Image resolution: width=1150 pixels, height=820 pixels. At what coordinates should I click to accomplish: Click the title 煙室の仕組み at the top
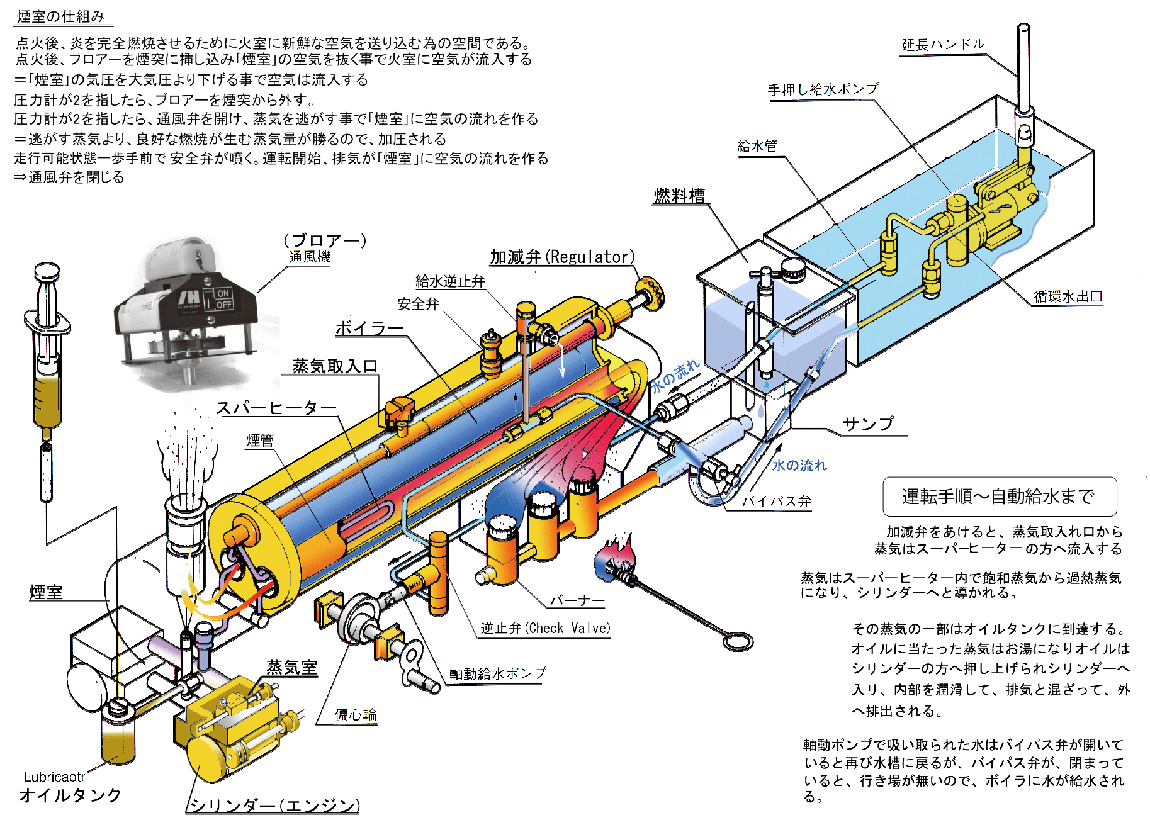(x=61, y=16)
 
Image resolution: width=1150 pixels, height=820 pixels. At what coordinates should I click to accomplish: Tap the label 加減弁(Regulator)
(x=562, y=257)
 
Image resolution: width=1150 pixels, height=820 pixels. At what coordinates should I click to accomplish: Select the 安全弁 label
(x=418, y=304)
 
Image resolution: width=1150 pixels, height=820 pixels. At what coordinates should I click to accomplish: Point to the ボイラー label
(x=369, y=328)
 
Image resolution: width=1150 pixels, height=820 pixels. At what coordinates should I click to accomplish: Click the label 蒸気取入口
(x=335, y=366)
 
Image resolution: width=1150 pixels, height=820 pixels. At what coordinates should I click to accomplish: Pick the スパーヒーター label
(x=276, y=408)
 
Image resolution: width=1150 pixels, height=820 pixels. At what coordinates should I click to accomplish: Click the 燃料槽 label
(x=680, y=195)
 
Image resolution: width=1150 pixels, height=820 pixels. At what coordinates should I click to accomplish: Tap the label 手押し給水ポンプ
(x=823, y=89)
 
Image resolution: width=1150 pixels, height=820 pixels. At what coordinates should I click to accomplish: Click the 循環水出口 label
(x=1068, y=296)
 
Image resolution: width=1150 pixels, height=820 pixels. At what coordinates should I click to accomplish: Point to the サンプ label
(x=868, y=424)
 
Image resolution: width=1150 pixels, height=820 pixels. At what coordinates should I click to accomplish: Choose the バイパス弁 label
(x=776, y=502)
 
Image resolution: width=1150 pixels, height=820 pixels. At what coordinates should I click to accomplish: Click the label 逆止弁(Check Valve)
(x=545, y=628)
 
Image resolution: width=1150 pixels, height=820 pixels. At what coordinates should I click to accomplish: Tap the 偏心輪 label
(x=356, y=714)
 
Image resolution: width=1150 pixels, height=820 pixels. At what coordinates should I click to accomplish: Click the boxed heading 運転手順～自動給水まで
(x=999, y=497)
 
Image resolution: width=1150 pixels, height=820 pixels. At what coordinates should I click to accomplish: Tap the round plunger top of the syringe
(x=47, y=272)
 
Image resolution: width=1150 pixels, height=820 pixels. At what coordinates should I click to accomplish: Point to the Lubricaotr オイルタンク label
(x=69, y=787)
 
